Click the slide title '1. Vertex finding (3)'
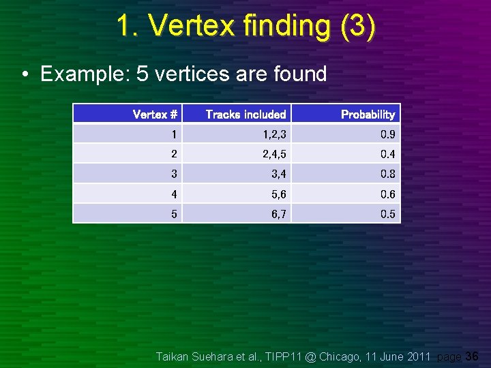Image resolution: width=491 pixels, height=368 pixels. pyautogui.click(x=245, y=26)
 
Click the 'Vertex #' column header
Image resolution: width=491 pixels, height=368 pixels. pyautogui.click(x=155, y=114)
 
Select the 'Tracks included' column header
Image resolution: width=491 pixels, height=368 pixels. pyautogui.click(x=245, y=114)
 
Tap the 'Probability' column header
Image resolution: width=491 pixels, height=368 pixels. pyautogui.click(x=368, y=114)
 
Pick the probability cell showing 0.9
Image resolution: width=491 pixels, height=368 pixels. pyautogui.click(x=387, y=134)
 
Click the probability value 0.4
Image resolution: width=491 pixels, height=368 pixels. pyautogui.click(x=387, y=154)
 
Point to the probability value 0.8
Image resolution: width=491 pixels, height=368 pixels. pyautogui.click(x=387, y=174)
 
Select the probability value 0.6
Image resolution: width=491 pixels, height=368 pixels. pyautogui.click(x=387, y=194)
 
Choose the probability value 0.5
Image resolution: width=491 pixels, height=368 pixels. pyautogui.click(x=387, y=214)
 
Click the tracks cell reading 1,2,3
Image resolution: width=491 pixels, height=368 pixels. pyautogui.click(x=274, y=134)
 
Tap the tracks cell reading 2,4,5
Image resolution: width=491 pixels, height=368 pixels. pyautogui.click(x=274, y=154)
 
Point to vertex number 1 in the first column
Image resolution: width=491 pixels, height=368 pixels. pyautogui.click(x=174, y=134)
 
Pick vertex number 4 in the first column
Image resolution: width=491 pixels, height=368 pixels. pyautogui.click(x=174, y=194)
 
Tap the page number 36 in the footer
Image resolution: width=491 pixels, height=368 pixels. pyautogui.click(x=472, y=356)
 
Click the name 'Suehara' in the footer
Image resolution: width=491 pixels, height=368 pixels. pyautogui.click(x=216, y=356)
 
